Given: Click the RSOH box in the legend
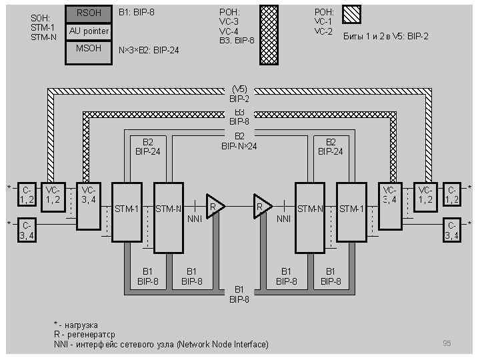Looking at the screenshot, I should click(x=87, y=13).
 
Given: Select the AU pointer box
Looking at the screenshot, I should click(x=87, y=31).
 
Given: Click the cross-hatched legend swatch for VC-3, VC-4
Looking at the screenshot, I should click(x=269, y=35).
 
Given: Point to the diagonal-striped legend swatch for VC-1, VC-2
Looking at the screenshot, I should click(x=351, y=14).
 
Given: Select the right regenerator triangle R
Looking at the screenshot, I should click(x=262, y=206).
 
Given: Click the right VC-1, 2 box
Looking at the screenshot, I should click(x=425, y=194).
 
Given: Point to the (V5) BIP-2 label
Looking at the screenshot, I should click(x=239, y=94).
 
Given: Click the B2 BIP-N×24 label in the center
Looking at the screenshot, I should click(x=239, y=141).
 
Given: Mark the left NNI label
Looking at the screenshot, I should click(x=194, y=218).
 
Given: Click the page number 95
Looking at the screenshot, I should click(x=447, y=343).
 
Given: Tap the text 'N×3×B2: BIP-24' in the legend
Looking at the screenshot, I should click(x=149, y=50).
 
